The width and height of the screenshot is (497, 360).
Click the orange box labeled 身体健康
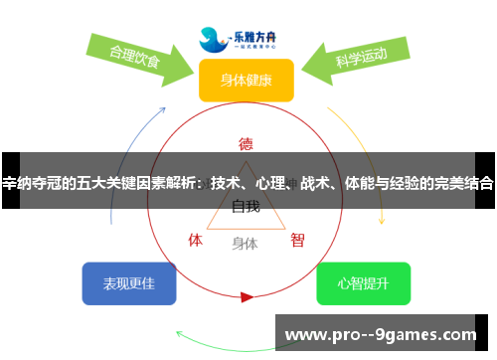pos(247,81)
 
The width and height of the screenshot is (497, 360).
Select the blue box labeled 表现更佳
pos(129,283)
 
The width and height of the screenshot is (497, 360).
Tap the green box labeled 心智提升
pos(363,283)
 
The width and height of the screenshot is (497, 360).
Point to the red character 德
pos(246,143)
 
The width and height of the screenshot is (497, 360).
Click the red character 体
pos(196,240)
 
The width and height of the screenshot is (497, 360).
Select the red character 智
pos(297,240)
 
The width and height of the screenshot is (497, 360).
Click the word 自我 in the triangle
pos(246,207)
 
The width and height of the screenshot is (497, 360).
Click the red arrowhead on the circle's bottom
pos(247,296)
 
